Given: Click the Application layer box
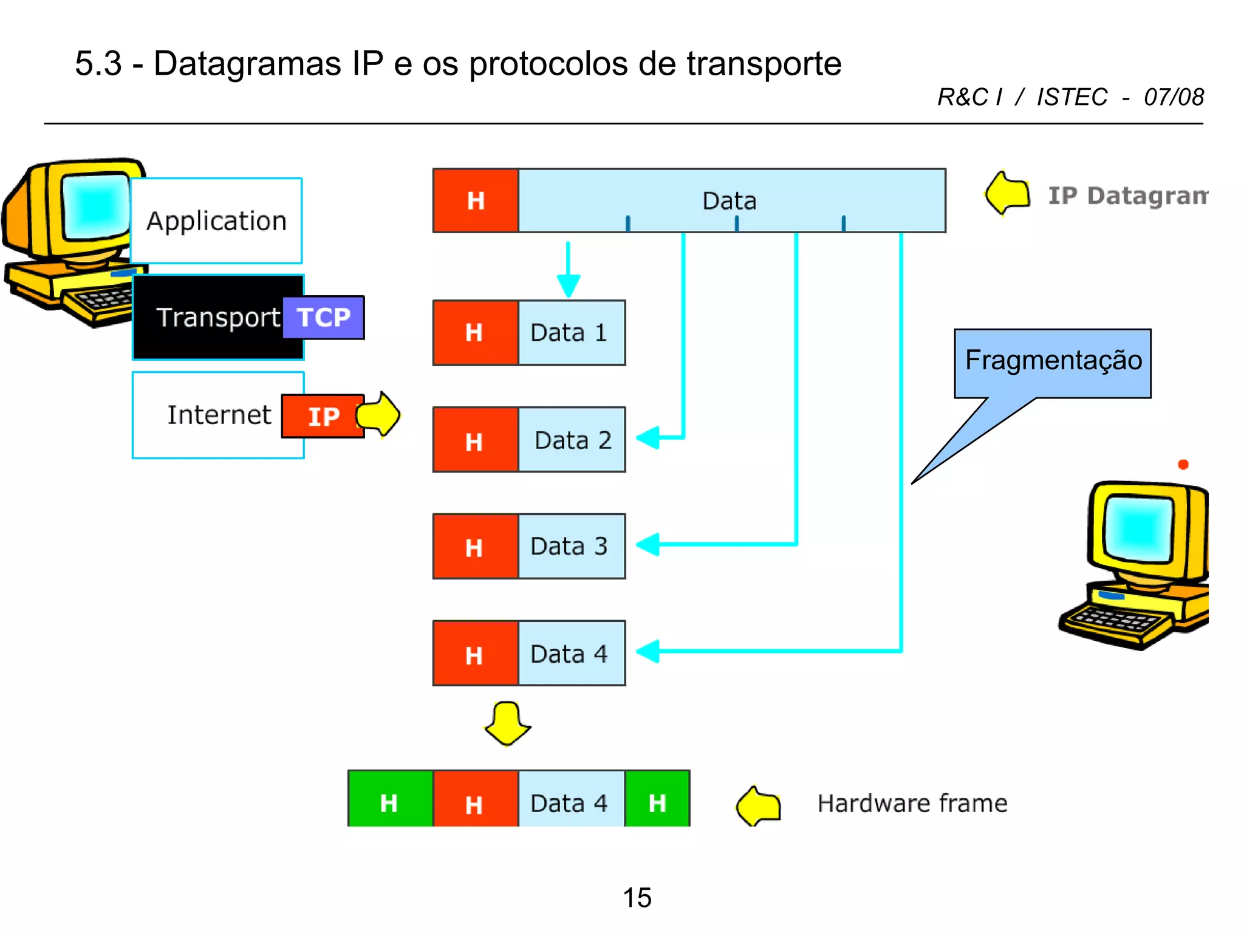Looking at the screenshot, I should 216,220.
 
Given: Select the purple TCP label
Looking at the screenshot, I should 324,318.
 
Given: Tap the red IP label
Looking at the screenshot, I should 323,417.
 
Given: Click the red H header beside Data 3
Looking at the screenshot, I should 475,547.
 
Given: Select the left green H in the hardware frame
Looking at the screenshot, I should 389,802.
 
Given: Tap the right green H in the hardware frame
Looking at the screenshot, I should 657,802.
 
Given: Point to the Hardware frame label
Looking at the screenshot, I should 912,803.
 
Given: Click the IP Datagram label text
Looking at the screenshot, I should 1127,196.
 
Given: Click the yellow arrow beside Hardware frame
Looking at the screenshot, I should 759,805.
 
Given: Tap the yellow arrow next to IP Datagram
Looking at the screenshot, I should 1008,194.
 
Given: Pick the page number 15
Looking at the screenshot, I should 637,897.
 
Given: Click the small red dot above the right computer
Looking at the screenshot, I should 1183,465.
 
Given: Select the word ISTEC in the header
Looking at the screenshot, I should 1072,97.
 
